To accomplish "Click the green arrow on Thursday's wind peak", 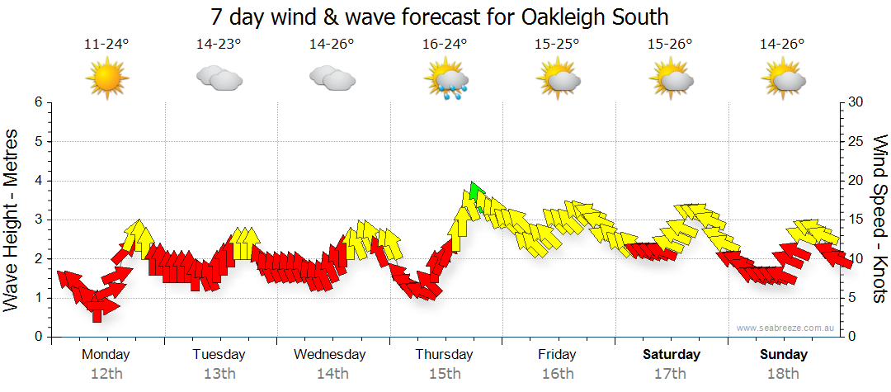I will tap(474, 193).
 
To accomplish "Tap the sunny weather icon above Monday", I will tap(106, 79).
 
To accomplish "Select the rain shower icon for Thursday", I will tap(446, 82).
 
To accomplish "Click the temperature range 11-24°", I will tap(106, 45).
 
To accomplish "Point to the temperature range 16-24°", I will tap(445, 45).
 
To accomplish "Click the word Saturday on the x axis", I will tap(672, 355).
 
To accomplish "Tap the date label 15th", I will tap(445, 374).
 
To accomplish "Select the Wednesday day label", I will tap(329, 355).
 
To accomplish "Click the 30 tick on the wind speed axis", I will tap(856, 102).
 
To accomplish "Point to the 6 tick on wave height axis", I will tap(37, 102).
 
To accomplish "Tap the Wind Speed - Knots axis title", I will tap(879, 219).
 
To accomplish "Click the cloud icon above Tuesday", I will tap(219, 79).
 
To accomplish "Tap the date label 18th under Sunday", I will tap(785, 374).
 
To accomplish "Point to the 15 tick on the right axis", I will tap(856, 220).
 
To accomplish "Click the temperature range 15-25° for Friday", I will tap(558, 45).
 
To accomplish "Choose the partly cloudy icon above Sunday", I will tap(784, 79).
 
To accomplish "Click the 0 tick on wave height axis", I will tap(37, 337).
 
